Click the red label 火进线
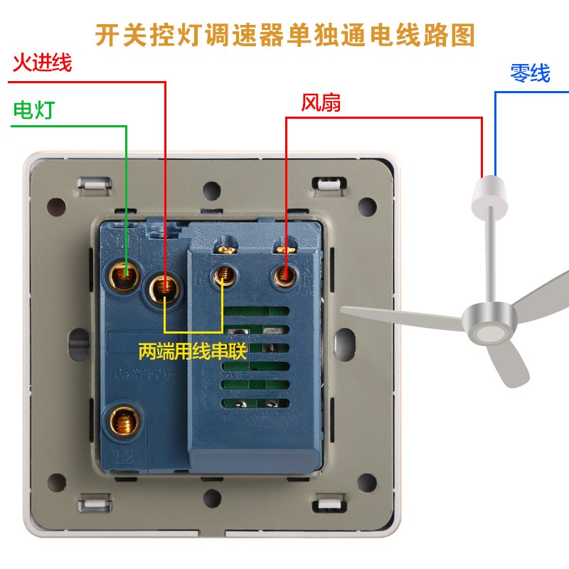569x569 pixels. coord(41,63)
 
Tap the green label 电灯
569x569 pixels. coord(33,110)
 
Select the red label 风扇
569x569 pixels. coord(321,103)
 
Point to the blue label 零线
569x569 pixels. coord(530,73)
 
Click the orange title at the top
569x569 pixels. coord(284,33)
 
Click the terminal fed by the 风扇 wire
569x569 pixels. coord(284,275)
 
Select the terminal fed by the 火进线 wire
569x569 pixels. coord(165,287)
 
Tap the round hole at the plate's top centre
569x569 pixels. coord(211,191)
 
